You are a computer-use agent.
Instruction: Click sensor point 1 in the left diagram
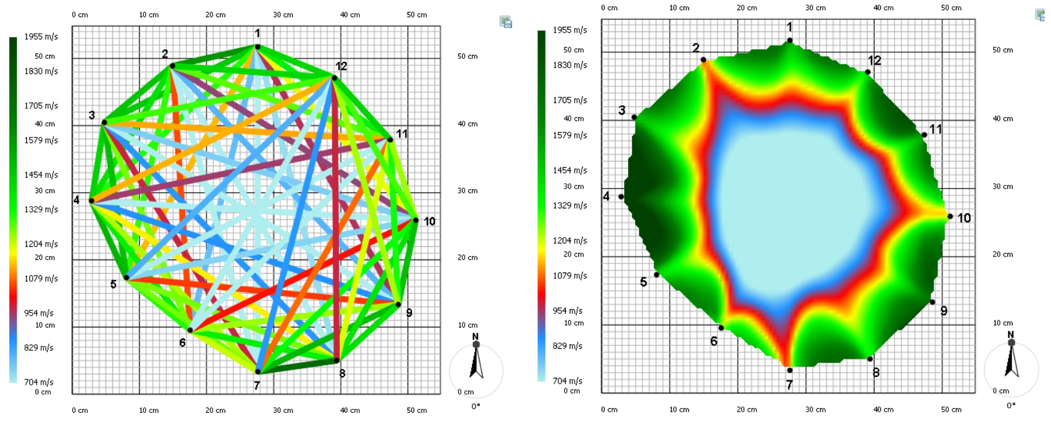pyautogui.click(x=258, y=47)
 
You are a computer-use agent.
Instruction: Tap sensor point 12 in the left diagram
pyautogui.click(x=334, y=78)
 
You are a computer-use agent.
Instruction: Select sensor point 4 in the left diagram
pyautogui.click(x=92, y=200)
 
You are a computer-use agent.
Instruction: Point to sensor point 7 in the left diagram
pyautogui.click(x=258, y=372)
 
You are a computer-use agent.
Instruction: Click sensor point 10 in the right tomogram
pyautogui.click(x=950, y=216)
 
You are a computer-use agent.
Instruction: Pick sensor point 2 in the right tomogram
pyautogui.click(x=703, y=60)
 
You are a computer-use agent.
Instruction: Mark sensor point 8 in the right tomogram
pyautogui.click(x=870, y=359)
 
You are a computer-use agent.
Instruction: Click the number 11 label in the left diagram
pyautogui.click(x=402, y=133)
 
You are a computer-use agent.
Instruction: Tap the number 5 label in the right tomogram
pyautogui.click(x=644, y=282)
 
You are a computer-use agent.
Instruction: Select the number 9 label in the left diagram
pyautogui.click(x=409, y=313)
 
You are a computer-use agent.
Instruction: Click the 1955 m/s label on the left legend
pyautogui.click(x=41, y=37)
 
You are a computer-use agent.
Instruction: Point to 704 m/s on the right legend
pyautogui.click(x=567, y=381)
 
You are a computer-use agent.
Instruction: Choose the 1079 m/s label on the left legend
pyautogui.click(x=41, y=278)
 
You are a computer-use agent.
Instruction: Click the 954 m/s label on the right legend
pyautogui.click(x=567, y=310)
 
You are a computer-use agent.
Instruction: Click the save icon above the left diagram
pyautogui.click(x=505, y=22)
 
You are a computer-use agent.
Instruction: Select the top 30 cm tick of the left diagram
pyautogui.click(x=283, y=15)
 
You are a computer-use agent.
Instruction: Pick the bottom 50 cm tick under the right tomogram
pyautogui.click(x=951, y=409)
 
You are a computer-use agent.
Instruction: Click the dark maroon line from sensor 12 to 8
pyautogui.click(x=336, y=229)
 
